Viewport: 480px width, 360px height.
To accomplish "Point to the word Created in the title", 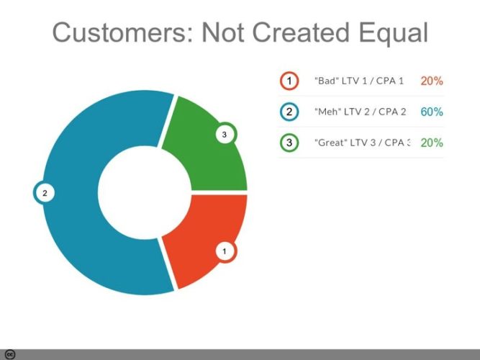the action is click(x=301, y=32).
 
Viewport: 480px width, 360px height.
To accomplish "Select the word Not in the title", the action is click(x=223, y=32).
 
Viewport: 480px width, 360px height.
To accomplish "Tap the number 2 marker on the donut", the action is click(x=45, y=193).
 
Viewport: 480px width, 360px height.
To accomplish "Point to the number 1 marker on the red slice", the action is click(x=225, y=251).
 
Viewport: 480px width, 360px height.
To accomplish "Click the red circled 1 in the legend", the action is click(x=289, y=81).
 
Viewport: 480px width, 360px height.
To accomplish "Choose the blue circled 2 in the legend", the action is click(x=289, y=112).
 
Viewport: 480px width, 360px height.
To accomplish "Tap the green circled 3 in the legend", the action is click(x=289, y=143).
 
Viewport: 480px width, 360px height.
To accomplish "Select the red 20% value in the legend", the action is click(x=432, y=81).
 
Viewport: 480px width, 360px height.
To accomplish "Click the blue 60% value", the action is click(x=432, y=112).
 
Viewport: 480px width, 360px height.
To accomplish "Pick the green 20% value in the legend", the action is click(x=432, y=143).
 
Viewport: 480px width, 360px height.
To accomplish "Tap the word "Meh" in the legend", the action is click(x=328, y=112).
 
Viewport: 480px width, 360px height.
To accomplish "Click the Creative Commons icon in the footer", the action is click(x=10, y=354).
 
